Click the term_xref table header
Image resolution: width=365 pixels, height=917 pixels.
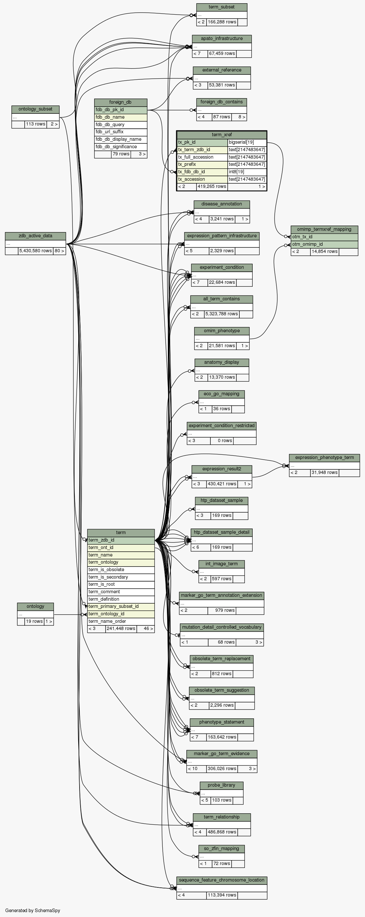tap(222, 135)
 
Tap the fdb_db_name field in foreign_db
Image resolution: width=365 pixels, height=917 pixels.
tap(120, 117)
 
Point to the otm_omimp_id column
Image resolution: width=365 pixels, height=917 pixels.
tap(324, 244)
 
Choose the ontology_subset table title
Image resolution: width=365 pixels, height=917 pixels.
tap(35, 109)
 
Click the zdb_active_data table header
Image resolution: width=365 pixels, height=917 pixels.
tap(35, 236)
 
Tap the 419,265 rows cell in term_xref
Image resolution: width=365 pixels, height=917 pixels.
tap(212, 187)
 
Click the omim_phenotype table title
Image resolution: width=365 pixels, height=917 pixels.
tap(222, 331)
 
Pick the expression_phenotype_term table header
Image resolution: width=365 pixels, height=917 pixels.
tap(324, 457)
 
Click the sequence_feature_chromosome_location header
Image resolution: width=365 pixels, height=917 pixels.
tap(222, 880)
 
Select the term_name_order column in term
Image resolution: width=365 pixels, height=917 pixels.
tap(120, 621)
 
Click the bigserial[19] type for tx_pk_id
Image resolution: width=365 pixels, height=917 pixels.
tap(247, 142)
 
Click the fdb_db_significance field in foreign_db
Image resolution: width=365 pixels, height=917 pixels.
tap(120, 147)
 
